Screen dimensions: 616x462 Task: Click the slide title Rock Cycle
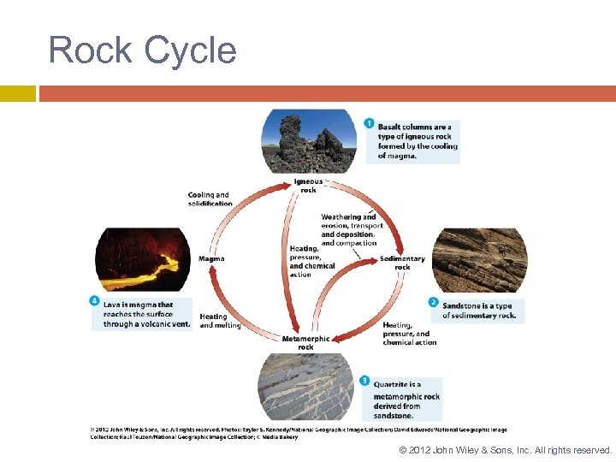tap(142, 50)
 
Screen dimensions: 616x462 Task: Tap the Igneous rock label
tap(308, 186)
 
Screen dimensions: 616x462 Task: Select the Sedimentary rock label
tap(402, 263)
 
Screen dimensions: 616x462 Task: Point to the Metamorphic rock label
tap(305, 343)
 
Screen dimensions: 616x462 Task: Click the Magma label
tap(211, 258)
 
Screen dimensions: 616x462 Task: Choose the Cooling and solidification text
tap(210, 199)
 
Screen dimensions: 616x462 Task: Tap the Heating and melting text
tap(220, 321)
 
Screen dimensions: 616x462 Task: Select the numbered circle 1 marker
tap(369, 124)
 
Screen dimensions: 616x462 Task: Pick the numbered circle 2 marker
tap(434, 303)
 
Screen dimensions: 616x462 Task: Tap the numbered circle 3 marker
tap(364, 381)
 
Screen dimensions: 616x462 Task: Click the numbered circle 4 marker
tap(94, 300)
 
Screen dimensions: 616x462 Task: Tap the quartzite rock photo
tap(306, 387)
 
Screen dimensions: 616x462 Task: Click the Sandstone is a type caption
tap(479, 311)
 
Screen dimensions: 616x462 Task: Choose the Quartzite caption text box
tap(406, 400)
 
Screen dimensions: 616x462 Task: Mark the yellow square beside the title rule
tap(17, 93)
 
